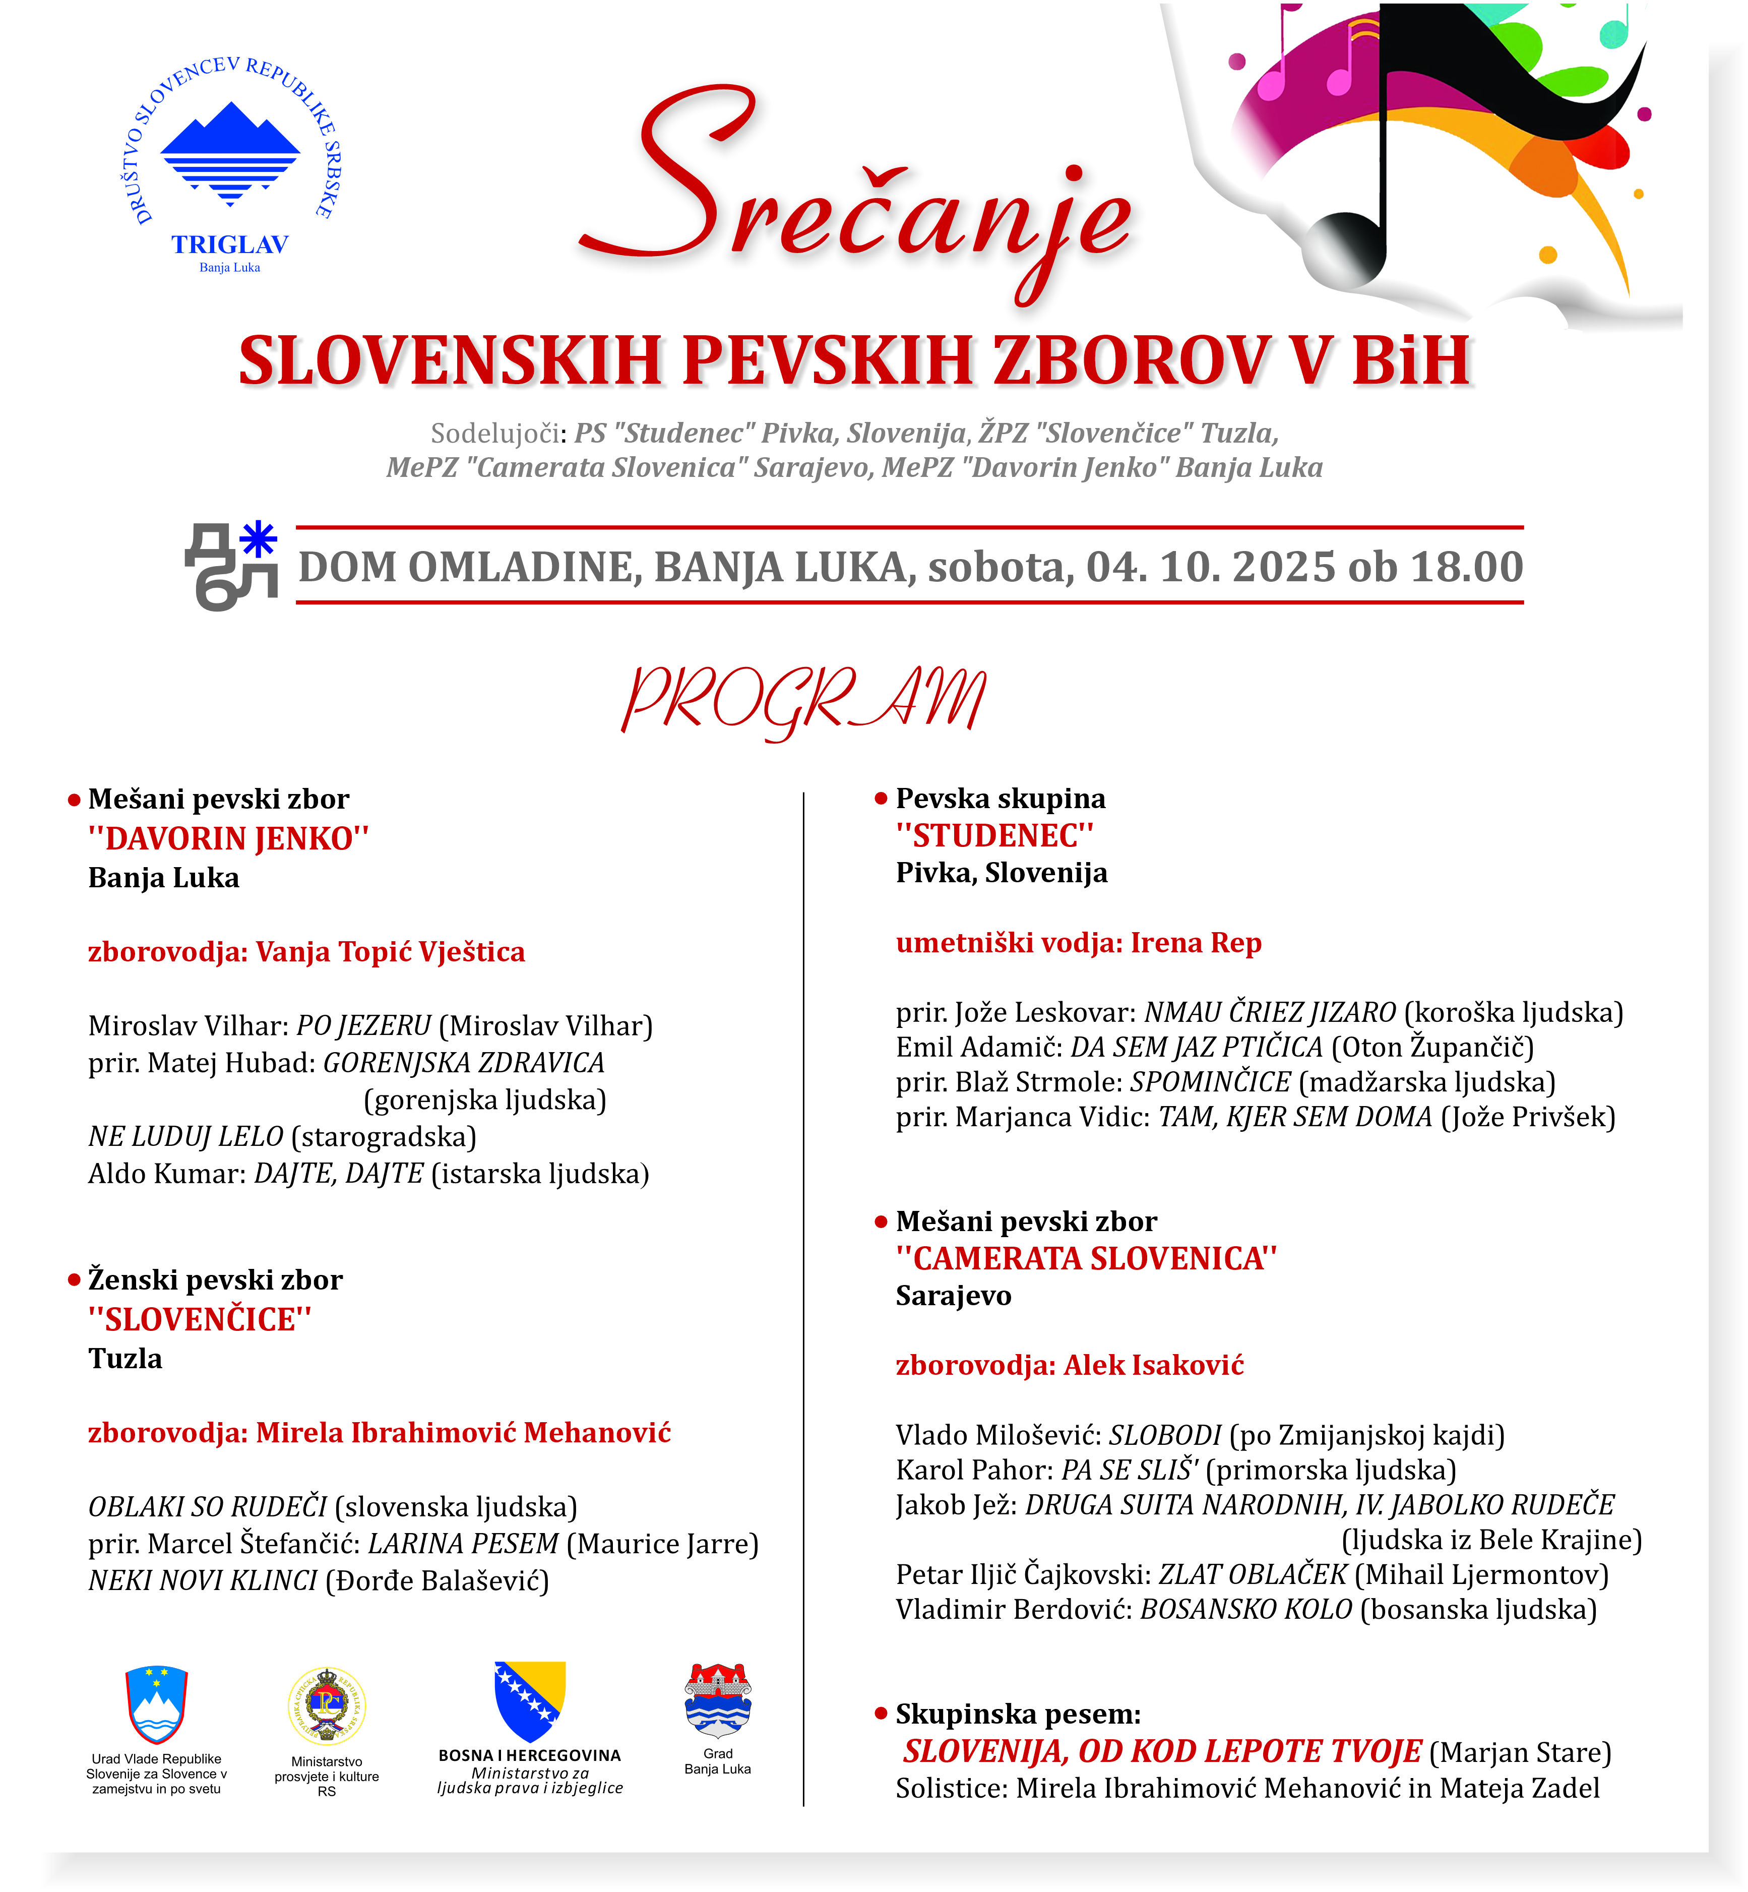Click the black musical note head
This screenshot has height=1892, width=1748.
tap(1344, 248)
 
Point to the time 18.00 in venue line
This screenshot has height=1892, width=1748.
tap(1466, 567)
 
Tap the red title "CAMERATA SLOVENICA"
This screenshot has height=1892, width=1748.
tap(1086, 1258)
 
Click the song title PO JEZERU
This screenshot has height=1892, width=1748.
tap(363, 1025)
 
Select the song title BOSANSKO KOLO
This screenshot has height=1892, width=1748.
tap(1246, 1609)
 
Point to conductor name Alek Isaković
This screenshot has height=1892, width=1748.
tap(1154, 1365)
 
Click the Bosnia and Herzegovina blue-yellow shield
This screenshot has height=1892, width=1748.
tap(530, 1700)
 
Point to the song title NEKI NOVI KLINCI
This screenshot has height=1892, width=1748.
tap(203, 1581)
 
